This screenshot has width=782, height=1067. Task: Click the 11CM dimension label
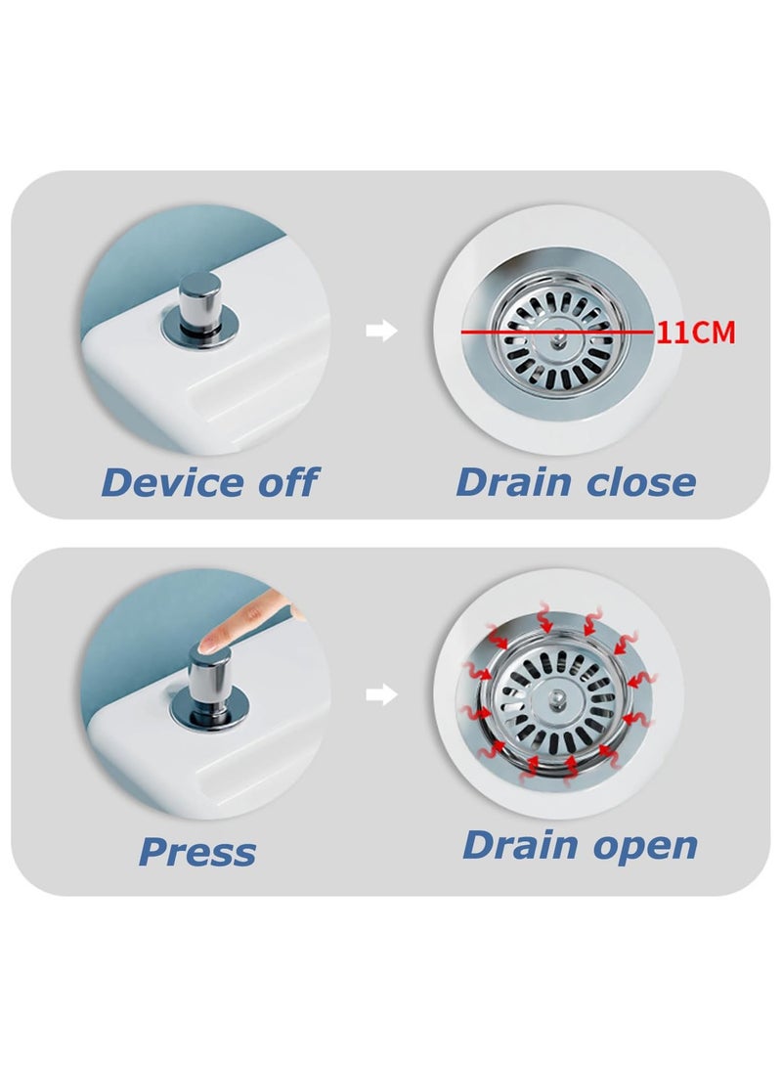[x=696, y=333]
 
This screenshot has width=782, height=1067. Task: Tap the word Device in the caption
[x=173, y=482]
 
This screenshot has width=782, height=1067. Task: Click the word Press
[x=197, y=851]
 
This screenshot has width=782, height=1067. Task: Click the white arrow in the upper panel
[x=381, y=331]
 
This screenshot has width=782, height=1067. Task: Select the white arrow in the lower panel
[x=381, y=694]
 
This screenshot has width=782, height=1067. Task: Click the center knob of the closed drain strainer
[x=559, y=335]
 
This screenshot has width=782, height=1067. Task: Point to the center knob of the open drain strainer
[x=557, y=698]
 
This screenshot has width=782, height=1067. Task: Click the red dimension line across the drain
[x=557, y=333]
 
